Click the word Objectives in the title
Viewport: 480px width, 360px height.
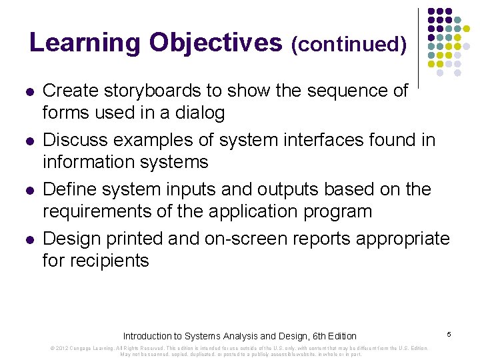point(216,43)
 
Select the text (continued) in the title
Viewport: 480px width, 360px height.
point(349,45)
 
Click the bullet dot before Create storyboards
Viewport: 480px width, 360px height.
point(29,91)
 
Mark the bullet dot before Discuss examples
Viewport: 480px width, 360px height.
point(29,141)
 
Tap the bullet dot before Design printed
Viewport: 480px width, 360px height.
point(29,239)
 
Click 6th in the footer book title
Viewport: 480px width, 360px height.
point(309,336)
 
